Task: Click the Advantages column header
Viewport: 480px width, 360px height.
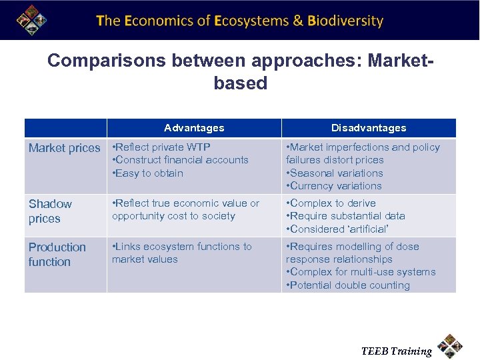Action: click(x=194, y=128)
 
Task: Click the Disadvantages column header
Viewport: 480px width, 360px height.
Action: click(x=369, y=128)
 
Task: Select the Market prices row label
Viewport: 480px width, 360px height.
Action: click(x=64, y=148)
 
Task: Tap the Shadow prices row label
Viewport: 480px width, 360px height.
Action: click(x=50, y=211)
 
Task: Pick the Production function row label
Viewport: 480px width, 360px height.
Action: click(x=57, y=255)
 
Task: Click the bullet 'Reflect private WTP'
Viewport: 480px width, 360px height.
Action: click(x=161, y=147)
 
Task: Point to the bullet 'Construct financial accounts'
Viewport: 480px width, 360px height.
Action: click(x=180, y=160)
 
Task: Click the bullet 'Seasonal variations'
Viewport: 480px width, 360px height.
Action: click(x=335, y=173)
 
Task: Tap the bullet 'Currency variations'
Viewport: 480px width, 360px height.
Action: click(x=334, y=186)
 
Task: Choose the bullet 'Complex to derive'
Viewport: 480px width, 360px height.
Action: click(x=331, y=203)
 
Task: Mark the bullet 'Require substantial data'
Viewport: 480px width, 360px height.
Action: click(x=345, y=216)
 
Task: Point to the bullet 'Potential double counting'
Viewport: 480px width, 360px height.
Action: click(x=348, y=285)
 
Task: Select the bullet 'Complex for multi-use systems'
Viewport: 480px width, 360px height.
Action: click(x=361, y=272)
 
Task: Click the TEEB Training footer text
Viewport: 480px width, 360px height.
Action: click(x=396, y=351)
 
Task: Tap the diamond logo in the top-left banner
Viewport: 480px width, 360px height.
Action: click(x=31, y=20)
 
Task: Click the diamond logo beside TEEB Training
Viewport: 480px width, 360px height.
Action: click(x=451, y=346)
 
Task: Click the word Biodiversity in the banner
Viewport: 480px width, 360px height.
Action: click(x=345, y=21)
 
